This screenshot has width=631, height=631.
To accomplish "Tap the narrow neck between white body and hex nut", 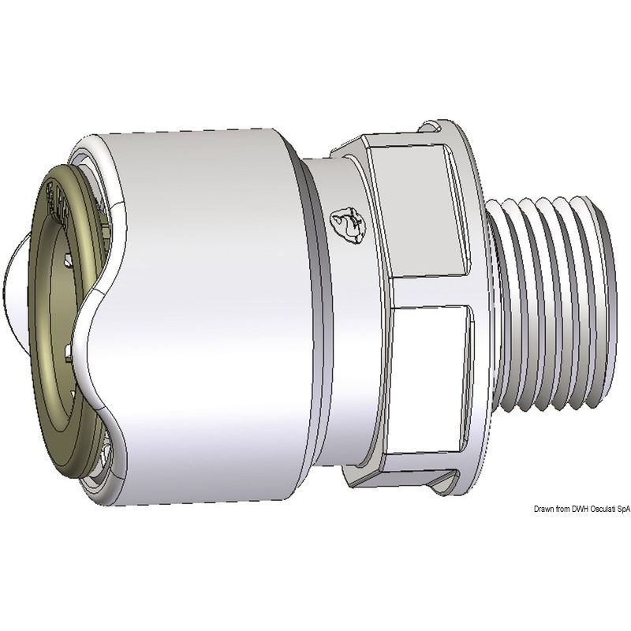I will [319, 315].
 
